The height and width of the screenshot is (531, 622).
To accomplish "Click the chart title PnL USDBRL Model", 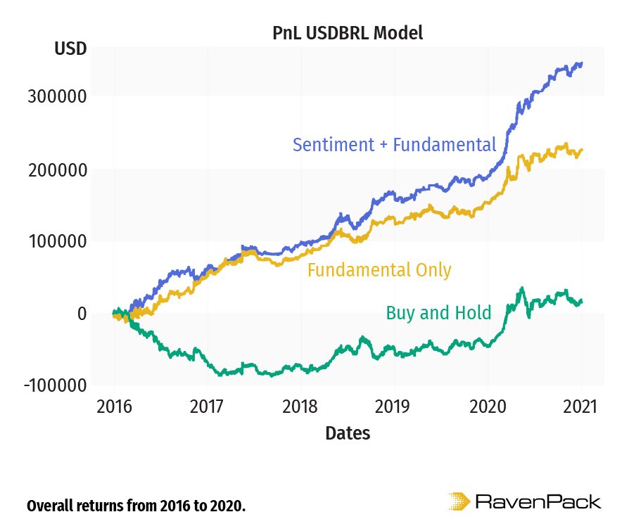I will pos(348,33).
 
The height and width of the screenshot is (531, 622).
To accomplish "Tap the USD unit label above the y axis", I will pos(70,49).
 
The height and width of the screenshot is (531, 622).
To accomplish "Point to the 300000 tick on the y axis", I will pos(57,96).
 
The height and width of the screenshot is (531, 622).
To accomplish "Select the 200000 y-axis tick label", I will pos(57,169).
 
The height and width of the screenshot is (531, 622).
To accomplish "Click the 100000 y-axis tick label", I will pos(57,241).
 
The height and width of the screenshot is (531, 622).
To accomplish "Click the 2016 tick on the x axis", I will pos(114,407).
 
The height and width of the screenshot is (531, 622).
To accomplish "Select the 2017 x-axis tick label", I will pos(207,407).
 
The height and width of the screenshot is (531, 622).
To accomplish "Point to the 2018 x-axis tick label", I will pos(300,407).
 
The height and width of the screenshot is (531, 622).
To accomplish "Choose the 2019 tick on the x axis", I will pos(394,407).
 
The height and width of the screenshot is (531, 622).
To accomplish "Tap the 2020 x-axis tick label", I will pos(488,407).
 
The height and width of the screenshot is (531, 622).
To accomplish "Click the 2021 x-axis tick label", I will pos(581,407).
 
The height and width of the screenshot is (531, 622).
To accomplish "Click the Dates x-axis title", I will pos(348,433).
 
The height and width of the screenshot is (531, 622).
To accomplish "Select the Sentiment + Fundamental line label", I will pos(394,145).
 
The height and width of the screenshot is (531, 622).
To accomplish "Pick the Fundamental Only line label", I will pos(379,270).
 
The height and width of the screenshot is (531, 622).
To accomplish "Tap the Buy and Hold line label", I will pos(438,313).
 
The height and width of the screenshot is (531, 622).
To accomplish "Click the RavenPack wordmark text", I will pos(538,502).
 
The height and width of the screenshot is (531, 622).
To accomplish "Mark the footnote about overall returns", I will pos(136,506).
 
